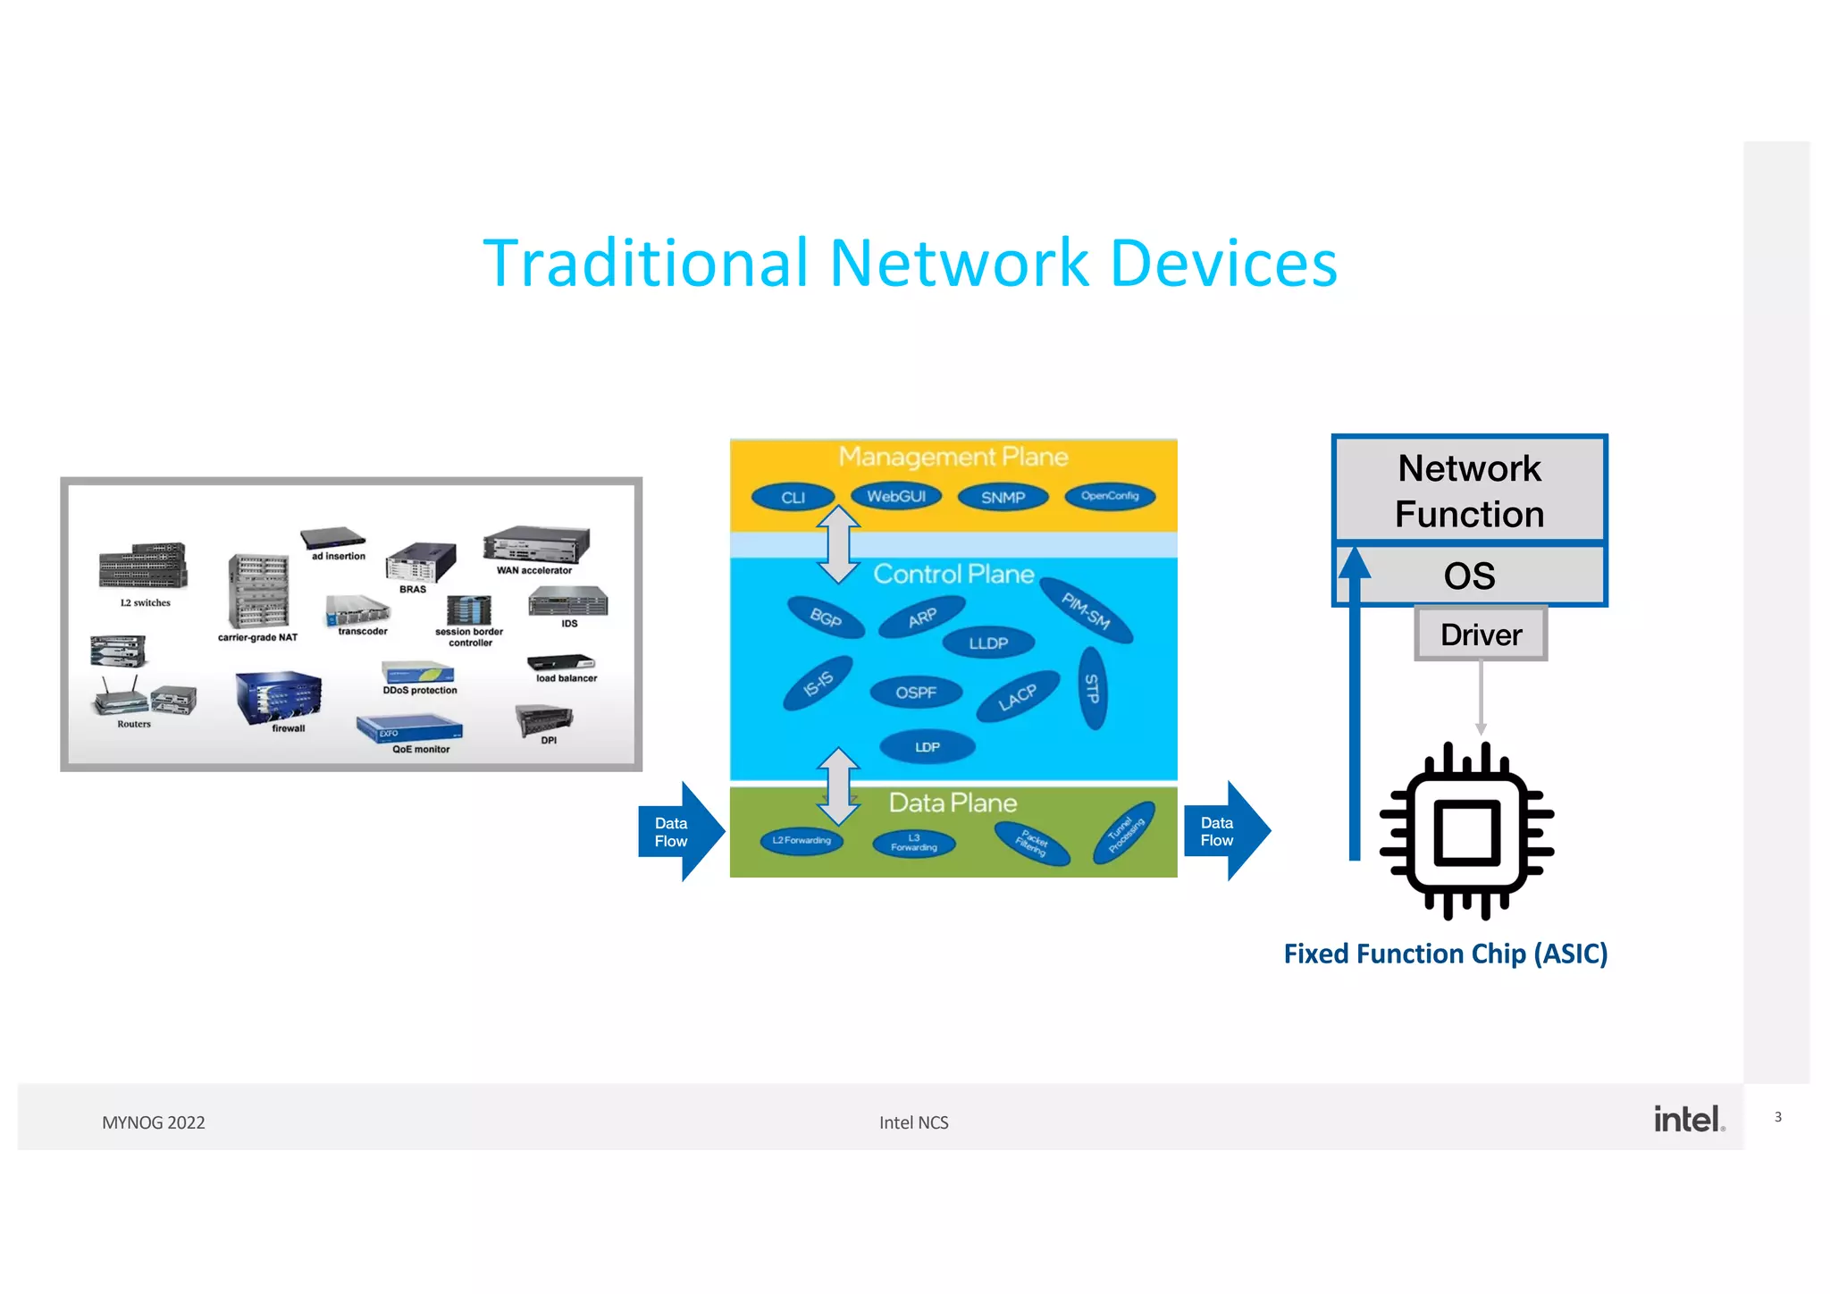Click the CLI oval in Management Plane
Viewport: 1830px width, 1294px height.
point(793,498)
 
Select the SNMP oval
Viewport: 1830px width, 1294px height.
point(1003,498)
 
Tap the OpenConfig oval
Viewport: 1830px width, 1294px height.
point(1110,496)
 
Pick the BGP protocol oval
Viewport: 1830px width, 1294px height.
point(826,618)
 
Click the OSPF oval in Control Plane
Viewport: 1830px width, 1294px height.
point(916,693)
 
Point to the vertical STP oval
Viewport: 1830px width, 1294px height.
point(1092,688)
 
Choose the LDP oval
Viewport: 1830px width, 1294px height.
point(927,747)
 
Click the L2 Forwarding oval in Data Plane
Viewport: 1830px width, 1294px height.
point(802,840)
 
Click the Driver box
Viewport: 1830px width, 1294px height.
point(1481,634)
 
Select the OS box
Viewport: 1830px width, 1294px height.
point(1470,576)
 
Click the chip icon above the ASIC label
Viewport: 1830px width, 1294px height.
point(1466,832)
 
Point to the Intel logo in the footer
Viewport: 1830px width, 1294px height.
point(1687,1119)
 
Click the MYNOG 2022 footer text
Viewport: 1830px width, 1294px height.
point(154,1122)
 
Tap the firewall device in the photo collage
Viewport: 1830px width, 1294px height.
point(279,697)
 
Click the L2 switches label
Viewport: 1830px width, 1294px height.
point(146,603)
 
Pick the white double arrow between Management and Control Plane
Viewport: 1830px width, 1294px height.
point(838,544)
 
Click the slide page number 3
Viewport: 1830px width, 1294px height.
point(1778,1117)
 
